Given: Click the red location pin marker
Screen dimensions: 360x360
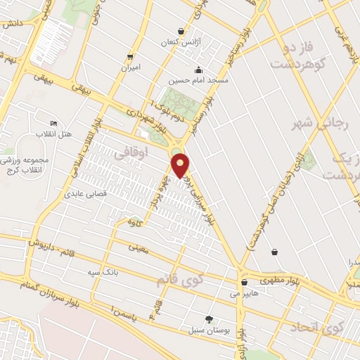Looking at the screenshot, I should (x=181, y=165).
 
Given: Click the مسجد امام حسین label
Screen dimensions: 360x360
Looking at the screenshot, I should (x=199, y=81).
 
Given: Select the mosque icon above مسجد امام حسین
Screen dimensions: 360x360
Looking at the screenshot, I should (x=199, y=70).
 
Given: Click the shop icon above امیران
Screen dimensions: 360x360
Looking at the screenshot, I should (x=130, y=56).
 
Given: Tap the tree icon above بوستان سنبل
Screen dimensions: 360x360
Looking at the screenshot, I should (x=208, y=318).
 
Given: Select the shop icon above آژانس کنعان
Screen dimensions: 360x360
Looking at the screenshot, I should (x=181, y=32).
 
